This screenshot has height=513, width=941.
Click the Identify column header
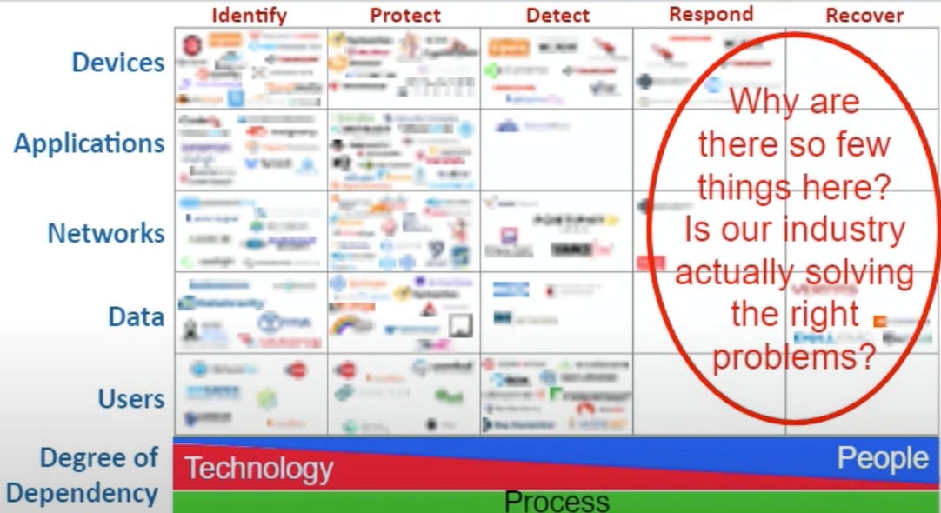[249, 15]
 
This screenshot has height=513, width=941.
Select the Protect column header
[405, 15]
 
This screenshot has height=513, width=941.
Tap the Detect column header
[557, 15]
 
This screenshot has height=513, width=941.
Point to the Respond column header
[711, 14]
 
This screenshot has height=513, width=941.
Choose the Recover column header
[864, 15]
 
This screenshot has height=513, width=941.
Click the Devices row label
[118, 63]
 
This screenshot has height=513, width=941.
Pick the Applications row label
[89, 143]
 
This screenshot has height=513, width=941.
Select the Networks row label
[106, 233]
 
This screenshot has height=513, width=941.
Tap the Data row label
[137, 316]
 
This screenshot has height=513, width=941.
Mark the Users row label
[130, 399]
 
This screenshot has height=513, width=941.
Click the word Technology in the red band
[259, 470]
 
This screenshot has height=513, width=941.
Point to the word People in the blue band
[882, 458]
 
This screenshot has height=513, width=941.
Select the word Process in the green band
[557, 502]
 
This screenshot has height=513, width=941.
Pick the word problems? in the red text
[793, 356]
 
